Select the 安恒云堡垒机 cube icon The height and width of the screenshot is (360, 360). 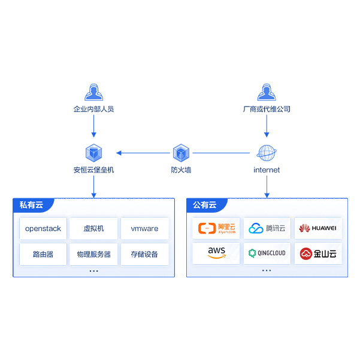[93, 152]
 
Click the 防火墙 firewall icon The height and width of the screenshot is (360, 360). [181, 152]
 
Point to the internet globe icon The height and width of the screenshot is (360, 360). [267, 152]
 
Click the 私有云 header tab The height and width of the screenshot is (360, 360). [32, 205]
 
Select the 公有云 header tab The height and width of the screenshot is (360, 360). [205, 205]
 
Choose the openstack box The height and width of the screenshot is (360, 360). [43, 228]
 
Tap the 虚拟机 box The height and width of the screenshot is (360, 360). [93, 228]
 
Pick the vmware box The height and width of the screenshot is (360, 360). [144, 228]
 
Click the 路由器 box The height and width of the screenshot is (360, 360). [43, 254]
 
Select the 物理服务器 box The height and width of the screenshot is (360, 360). [93, 254]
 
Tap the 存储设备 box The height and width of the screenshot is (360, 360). [144, 254]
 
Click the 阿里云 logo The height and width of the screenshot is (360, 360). [216, 228]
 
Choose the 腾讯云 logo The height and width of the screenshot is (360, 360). [267, 228]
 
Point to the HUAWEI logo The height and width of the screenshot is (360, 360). [318, 228]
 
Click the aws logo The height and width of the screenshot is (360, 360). [216, 253]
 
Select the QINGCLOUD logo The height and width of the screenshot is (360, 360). [267, 253]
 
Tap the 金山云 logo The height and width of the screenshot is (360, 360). [318, 253]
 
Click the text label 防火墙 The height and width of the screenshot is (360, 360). [181, 170]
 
